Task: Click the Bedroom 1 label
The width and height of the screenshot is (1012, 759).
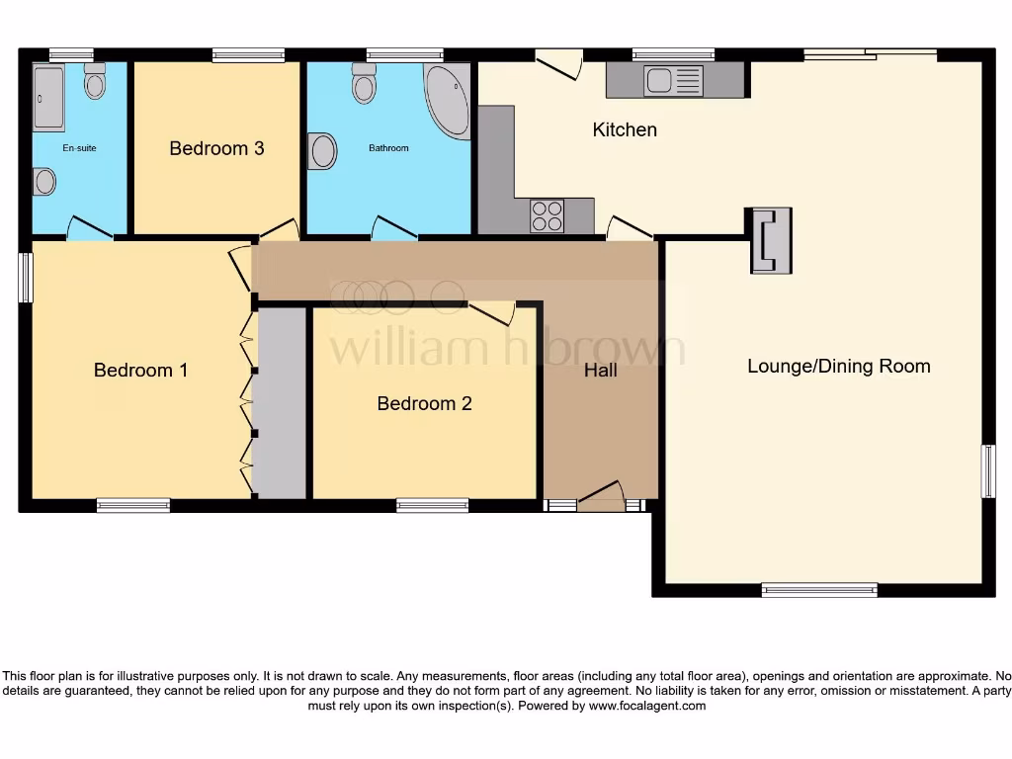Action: pos(140,371)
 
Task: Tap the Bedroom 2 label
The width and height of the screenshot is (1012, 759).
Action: pos(424,403)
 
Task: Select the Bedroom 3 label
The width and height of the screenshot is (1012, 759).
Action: pos(216,148)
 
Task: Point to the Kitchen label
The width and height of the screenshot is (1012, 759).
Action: pos(625,129)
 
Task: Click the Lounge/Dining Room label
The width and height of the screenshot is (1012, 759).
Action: pos(838,367)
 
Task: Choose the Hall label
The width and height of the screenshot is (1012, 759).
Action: pos(600,370)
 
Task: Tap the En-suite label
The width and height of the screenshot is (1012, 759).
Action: pos(78,148)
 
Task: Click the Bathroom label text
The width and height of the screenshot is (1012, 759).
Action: pos(388,148)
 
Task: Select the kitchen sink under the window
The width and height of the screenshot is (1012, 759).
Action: pos(673,80)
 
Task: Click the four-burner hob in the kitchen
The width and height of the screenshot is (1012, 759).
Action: pos(548,215)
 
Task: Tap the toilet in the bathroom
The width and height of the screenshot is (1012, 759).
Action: pos(364,86)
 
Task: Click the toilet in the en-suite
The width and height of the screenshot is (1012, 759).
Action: pos(95,82)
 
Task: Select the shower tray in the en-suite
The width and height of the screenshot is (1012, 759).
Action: pos(48,98)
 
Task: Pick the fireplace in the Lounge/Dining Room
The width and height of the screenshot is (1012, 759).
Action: pos(770,240)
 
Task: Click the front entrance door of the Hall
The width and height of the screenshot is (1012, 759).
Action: pos(601,497)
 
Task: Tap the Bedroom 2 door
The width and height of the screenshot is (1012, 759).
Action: pos(491,313)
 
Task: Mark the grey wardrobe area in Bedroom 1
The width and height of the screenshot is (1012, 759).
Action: pos(281,403)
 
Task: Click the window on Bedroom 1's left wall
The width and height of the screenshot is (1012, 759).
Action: pos(27,277)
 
